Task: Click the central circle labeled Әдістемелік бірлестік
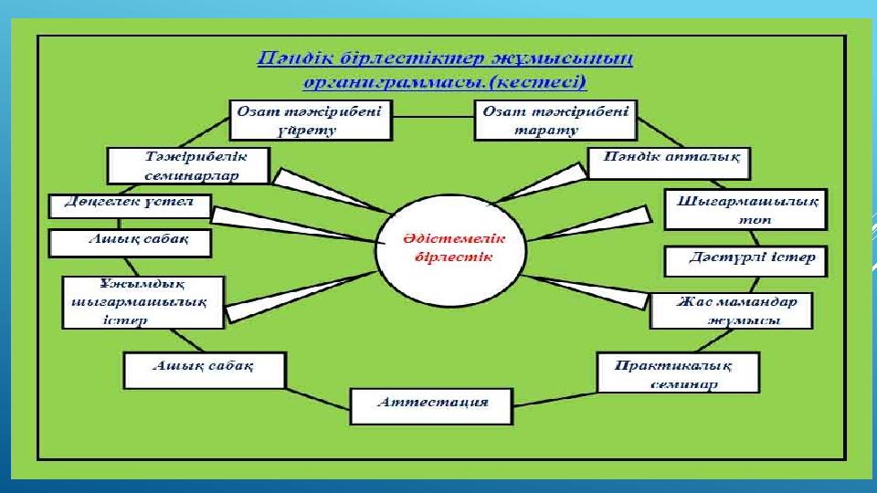[450, 250]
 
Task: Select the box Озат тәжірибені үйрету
[311, 121]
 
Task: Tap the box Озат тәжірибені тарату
[555, 121]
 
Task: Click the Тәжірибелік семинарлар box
[188, 166]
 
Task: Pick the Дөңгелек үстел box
[130, 205]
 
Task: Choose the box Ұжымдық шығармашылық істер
[143, 302]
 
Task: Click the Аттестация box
[431, 406]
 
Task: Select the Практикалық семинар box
[678, 372]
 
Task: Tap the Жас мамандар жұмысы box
[731, 310]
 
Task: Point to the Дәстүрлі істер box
[745, 261]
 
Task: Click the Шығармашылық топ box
[745, 210]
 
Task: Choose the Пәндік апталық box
[669, 163]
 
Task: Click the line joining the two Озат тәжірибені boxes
[433, 117]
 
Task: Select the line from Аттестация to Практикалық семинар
[555, 399]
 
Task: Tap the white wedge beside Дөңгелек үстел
[293, 225]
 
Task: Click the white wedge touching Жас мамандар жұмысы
[587, 292]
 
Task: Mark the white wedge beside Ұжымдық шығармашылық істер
[301, 298]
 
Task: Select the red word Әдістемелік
[454, 238]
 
